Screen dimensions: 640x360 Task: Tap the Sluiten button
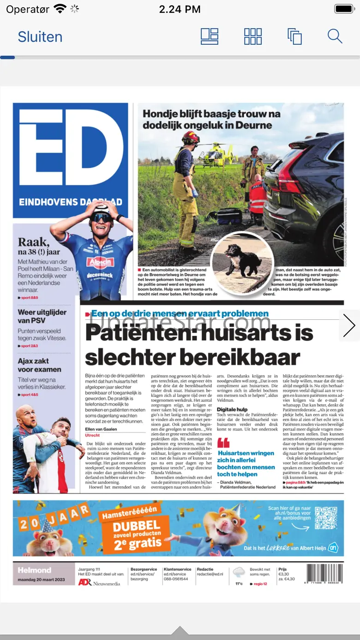point(40,37)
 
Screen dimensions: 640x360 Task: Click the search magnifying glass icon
point(335,36)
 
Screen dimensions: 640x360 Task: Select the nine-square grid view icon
point(253,36)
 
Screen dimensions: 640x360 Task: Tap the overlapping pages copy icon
point(294,36)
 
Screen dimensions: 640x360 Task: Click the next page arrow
point(349,326)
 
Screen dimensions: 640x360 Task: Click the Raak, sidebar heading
point(33,242)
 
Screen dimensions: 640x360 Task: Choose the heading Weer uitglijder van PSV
point(42,316)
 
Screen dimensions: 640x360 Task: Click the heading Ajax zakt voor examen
point(40,365)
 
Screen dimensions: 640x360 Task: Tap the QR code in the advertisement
point(326,518)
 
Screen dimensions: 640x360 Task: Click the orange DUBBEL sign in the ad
point(137,525)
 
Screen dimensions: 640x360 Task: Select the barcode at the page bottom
point(324,574)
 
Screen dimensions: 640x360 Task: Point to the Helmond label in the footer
point(35,570)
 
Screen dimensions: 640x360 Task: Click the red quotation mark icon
point(223,443)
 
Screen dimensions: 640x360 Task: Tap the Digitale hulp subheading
point(232,409)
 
